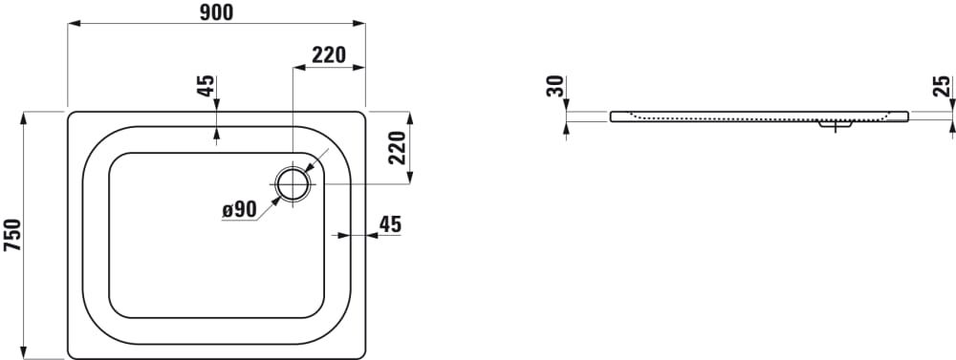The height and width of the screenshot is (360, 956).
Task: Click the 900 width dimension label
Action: click(x=216, y=12)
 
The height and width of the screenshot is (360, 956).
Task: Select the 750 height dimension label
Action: click(x=12, y=235)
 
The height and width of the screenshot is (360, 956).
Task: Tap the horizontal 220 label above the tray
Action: click(x=329, y=54)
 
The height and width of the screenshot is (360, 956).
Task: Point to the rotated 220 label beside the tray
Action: click(x=397, y=148)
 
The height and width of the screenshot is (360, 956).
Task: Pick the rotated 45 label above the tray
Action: click(x=206, y=86)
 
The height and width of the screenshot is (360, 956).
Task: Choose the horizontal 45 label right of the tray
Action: click(x=390, y=224)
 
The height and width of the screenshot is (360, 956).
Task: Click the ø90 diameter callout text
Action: click(x=239, y=210)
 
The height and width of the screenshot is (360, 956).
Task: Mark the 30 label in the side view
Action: click(x=554, y=86)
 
